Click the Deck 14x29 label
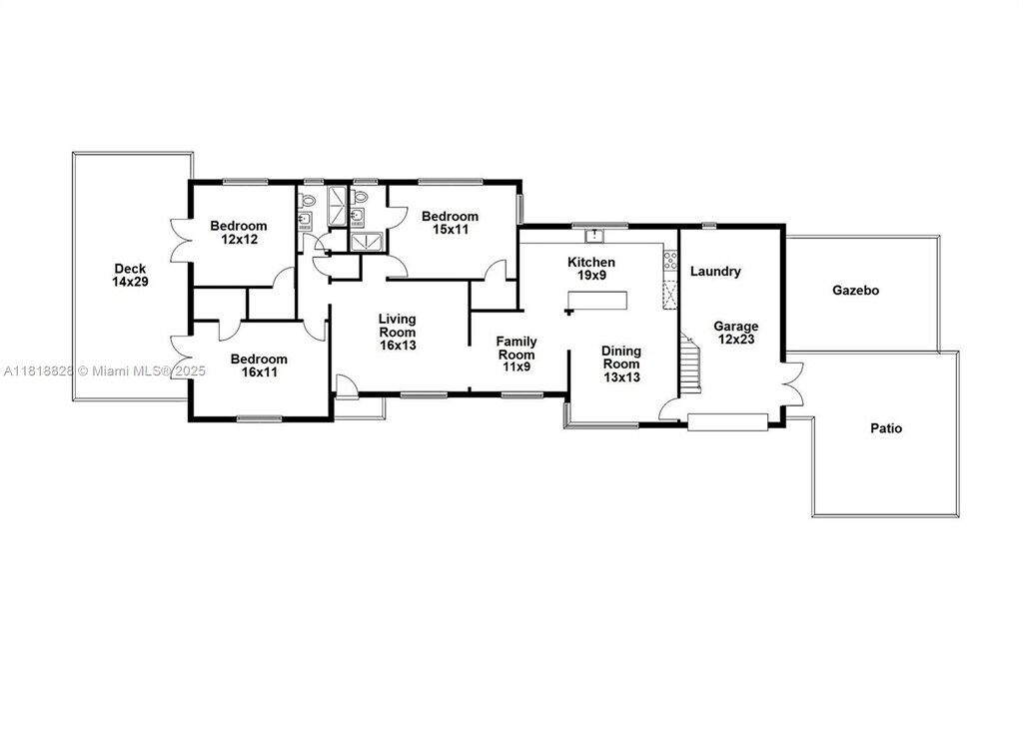pyautogui.click(x=130, y=275)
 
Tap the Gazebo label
pyautogui.click(x=855, y=291)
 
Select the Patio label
pyautogui.click(x=886, y=428)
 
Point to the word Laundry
pyautogui.click(x=715, y=272)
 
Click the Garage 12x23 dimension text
pyautogui.click(x=735, y=339)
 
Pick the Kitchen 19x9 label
pyautogui.click(x=591, y=268)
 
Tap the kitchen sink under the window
pyautogui.click(x=594, y=235)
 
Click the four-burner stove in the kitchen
pyautogui.click(x=670, y=261)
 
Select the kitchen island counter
pyautogui.click(x=597, y=301)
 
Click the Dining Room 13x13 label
pyautogui.click(x=620, y=364)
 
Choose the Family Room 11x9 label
pyautogui.click(x=516, y=355)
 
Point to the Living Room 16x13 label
pyautogui.click(x=398, y=332)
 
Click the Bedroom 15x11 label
pyautogui.click(x=450, y=223)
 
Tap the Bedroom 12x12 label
pyautogui.click(x=238, y=233)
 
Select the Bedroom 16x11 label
pyautogui.click(x=259, y=366)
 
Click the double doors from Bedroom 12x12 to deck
pyautogui.click(x=180, y=240)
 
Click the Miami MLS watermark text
pyautogui.click(x=142, y=371)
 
